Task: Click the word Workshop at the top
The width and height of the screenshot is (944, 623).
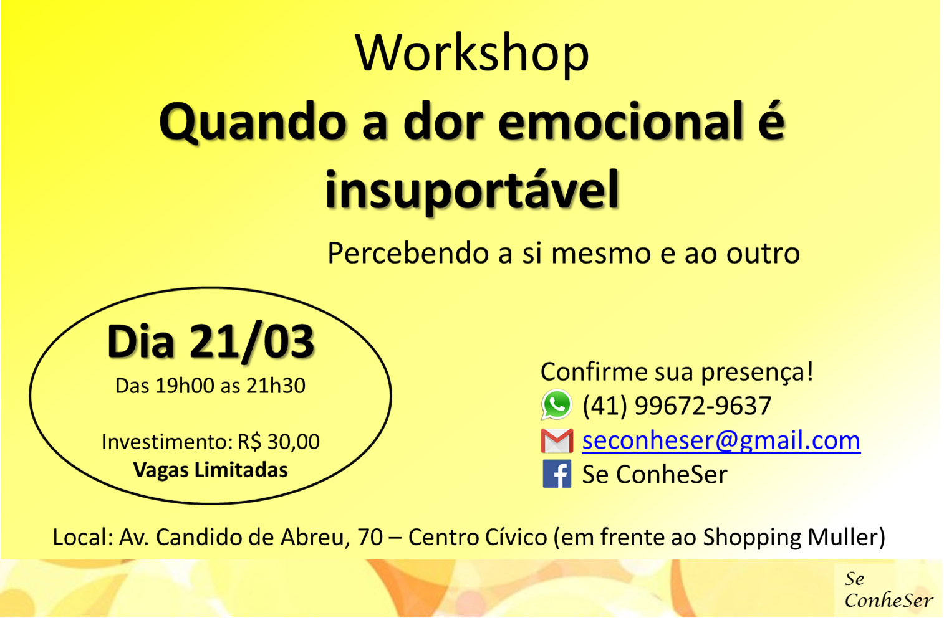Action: click(471, 55)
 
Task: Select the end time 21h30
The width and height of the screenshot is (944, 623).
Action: click(276, 386)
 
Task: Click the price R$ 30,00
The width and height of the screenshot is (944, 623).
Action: click(279, 442)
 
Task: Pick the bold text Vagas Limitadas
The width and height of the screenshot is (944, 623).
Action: click(210, 470)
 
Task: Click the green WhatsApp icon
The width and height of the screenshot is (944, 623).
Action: click(556, 405)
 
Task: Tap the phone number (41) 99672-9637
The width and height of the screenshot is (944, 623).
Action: click(677, 406)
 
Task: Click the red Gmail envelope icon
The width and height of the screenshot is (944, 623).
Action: click(557, 440)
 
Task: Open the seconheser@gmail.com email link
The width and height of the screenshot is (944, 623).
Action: click(721, 440)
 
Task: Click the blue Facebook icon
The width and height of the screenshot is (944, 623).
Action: click(557, 474)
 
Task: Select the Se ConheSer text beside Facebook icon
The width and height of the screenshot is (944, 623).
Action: click(655, 474)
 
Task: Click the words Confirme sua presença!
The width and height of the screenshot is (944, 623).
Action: click(677, 372)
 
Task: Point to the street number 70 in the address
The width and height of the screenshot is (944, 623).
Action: click(370, 537)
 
